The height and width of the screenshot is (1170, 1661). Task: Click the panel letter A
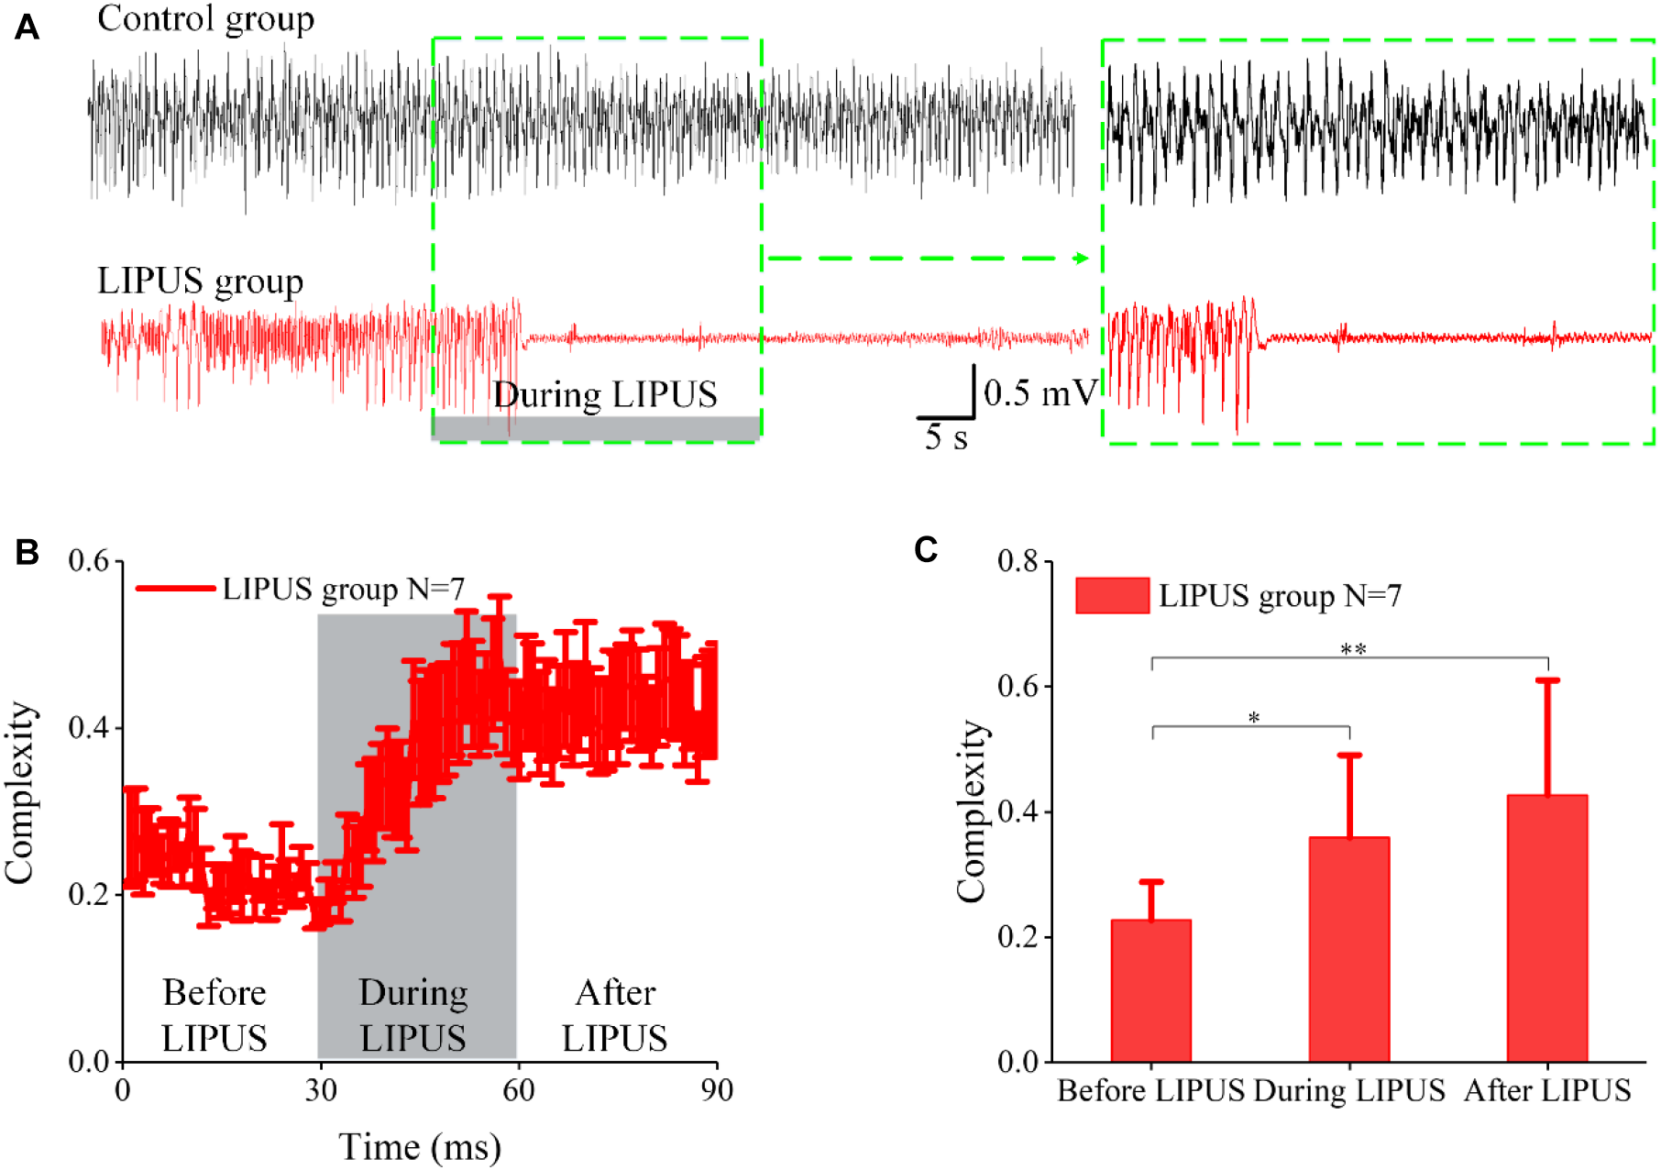27,28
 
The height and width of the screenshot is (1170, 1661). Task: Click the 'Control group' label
205,19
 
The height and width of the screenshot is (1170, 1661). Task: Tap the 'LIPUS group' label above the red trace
200,281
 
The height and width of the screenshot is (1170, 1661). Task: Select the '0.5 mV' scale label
1039,393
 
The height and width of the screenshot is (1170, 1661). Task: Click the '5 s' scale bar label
946,437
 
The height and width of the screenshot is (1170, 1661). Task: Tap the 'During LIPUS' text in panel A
605,395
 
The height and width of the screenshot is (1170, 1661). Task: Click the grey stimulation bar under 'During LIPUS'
596,427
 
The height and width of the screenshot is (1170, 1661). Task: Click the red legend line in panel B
175,588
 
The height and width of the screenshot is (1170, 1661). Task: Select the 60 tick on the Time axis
518,1090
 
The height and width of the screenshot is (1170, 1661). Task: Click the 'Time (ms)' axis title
420,1147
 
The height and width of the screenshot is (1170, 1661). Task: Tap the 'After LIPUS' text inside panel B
614,1015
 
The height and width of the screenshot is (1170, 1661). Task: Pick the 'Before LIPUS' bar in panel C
1150,991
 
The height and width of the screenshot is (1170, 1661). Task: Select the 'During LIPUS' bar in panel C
1348,950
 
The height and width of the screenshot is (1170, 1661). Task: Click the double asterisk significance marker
1353,650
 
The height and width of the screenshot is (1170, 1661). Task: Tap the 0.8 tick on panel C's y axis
1017,561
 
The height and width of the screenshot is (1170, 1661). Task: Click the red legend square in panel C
1112,596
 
